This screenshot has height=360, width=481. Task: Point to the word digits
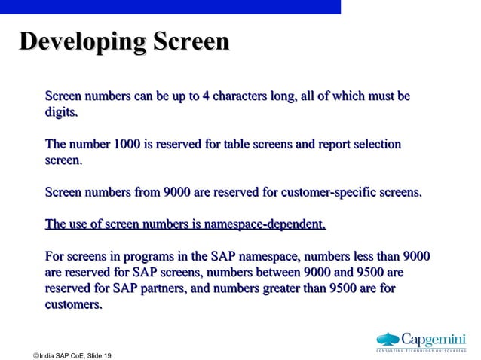tap(61, 113)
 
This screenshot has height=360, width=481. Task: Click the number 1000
tap(133, 144)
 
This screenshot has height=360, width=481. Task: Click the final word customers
tap(73, 305)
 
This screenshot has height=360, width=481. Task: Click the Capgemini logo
tap(421, 340)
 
